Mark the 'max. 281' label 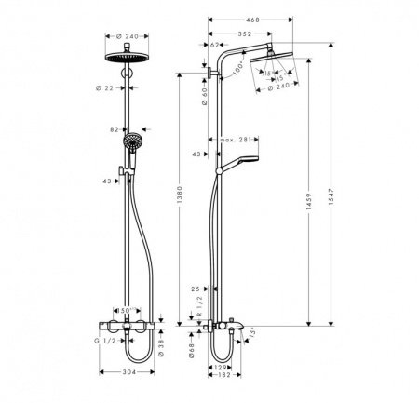pyautogui.click(x=237, y=141)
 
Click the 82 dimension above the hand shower pyautogui.click(x=114, y=130)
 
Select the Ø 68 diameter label pyautogui.click(x=193, y=351)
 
